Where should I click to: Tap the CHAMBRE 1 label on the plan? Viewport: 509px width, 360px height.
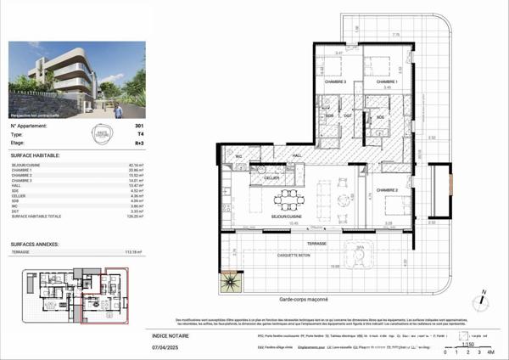point(388,82)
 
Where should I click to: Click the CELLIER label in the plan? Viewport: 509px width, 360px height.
point(271,177)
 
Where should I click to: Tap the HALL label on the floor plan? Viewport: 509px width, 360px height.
point(298,155)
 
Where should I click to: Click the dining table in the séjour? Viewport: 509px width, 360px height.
point(290,201)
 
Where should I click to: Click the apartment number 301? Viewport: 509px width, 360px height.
point(139,126)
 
